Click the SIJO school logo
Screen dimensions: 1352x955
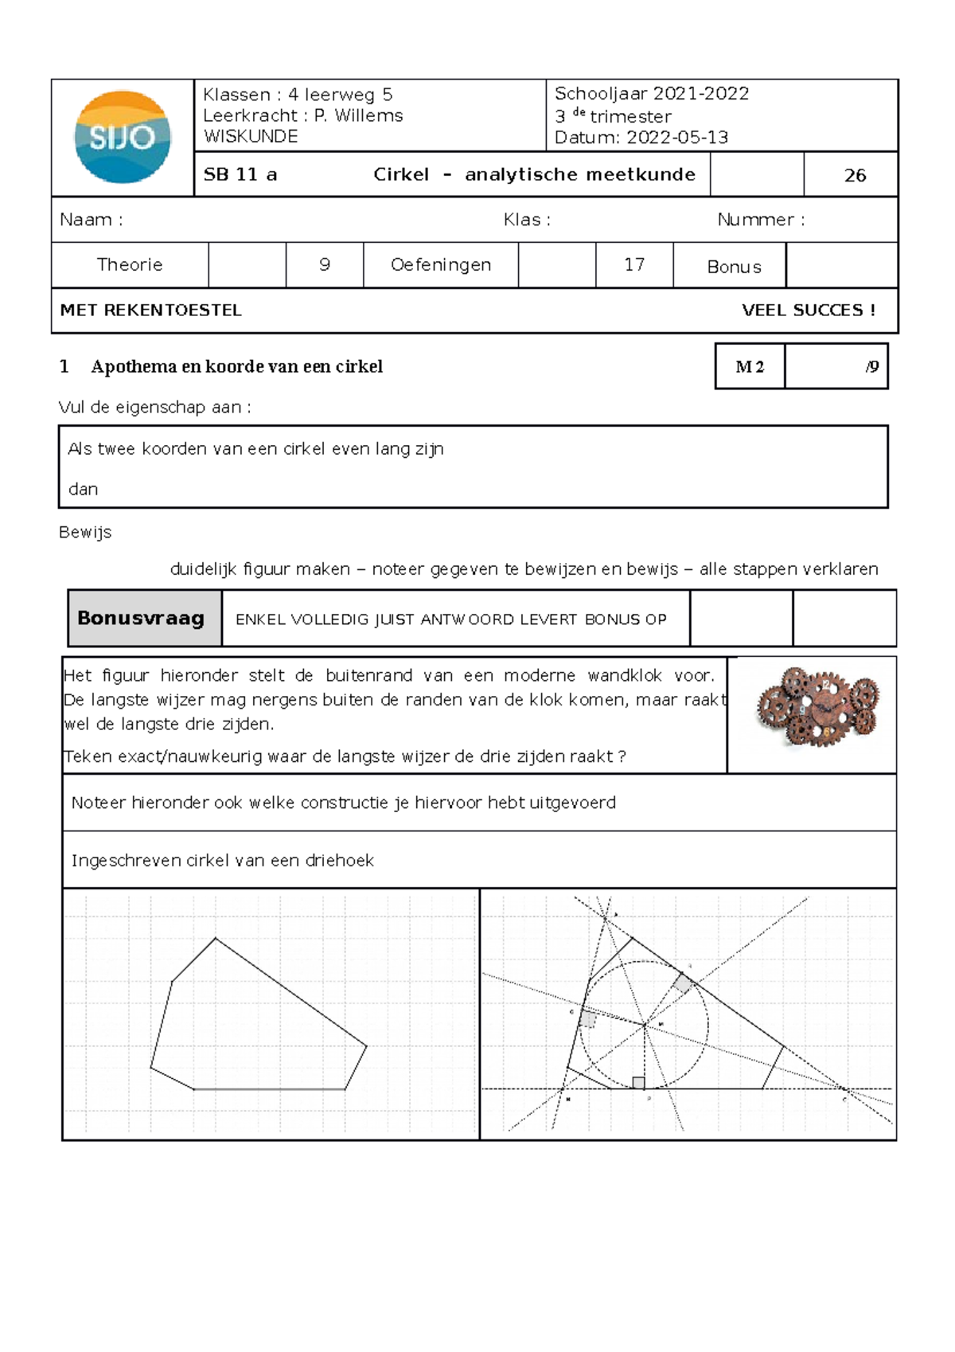coord(123,137)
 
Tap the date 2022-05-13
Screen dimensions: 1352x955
coord(676,137)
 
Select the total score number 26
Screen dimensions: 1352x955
coord(855,175)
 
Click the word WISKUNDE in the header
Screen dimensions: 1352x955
coord(251,136)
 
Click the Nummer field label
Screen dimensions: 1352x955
coord(760,220)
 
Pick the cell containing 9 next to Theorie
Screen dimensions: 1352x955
coord(325,264)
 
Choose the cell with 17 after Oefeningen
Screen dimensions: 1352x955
coord(634,264)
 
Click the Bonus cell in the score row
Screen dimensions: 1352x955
coord(734,267)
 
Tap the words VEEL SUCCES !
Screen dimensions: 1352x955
coord(809,311)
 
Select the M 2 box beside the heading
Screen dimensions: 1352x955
coord(750,366)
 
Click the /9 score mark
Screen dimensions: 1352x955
coord(871,366)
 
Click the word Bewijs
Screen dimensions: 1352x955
coord(85,532)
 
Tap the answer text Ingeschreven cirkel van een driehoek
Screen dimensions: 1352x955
coord(223,860)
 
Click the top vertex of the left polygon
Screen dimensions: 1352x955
coord(216,939)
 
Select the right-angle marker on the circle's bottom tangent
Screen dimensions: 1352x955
coord(638,1082)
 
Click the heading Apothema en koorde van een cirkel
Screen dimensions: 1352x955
coord(236,366)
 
